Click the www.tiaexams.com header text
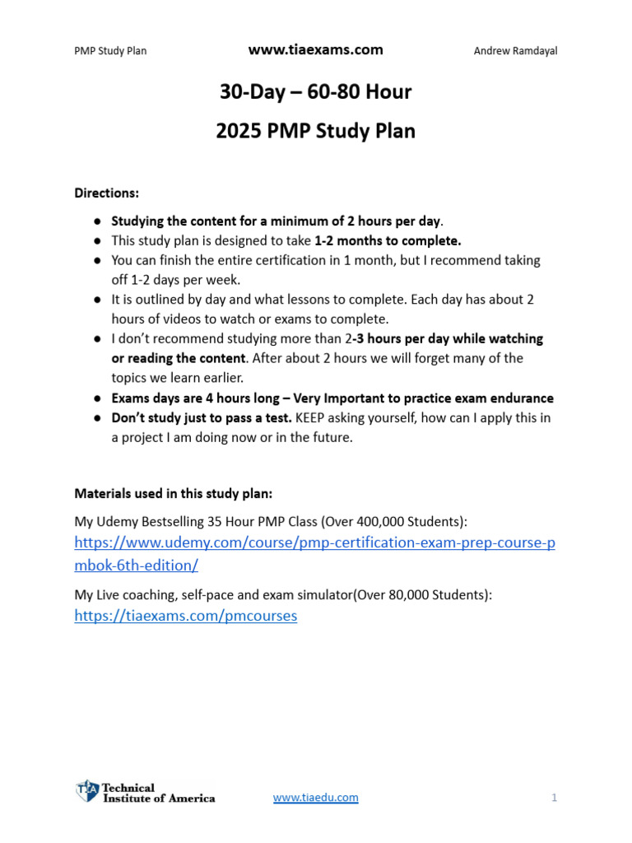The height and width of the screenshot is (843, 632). point(315,50)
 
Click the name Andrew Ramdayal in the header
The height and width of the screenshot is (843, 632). point(515,51)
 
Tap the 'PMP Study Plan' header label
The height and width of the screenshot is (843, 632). point(110,51)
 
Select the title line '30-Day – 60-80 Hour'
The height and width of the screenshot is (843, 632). point(315,92)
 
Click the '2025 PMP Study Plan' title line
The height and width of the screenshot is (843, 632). point(315,131)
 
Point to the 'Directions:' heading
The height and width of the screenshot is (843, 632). point(107,193)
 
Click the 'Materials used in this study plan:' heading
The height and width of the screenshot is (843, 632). point(173,494)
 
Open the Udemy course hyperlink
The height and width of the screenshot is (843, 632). point(314,543)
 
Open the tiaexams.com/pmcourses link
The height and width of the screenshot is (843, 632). point(185,616)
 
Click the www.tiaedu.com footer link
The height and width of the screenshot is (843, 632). point(315,798)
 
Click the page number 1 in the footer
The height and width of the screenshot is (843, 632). point(555,798)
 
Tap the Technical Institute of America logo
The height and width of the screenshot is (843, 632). point(146,792)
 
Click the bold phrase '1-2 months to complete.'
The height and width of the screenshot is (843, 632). point(388,240)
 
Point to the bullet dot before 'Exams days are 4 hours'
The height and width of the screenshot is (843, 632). point(97,398)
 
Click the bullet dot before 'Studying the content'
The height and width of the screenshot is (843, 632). point(97,221)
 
